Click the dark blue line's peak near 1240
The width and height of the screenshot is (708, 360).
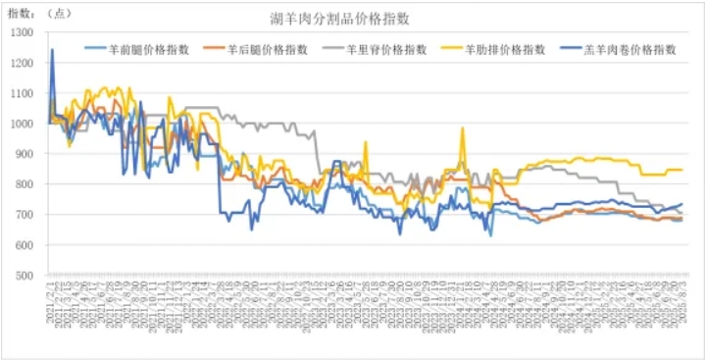[52, 50]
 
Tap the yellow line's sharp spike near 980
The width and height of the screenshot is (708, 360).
[462, 129]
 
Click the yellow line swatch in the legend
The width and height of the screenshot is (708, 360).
[453, 49]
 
